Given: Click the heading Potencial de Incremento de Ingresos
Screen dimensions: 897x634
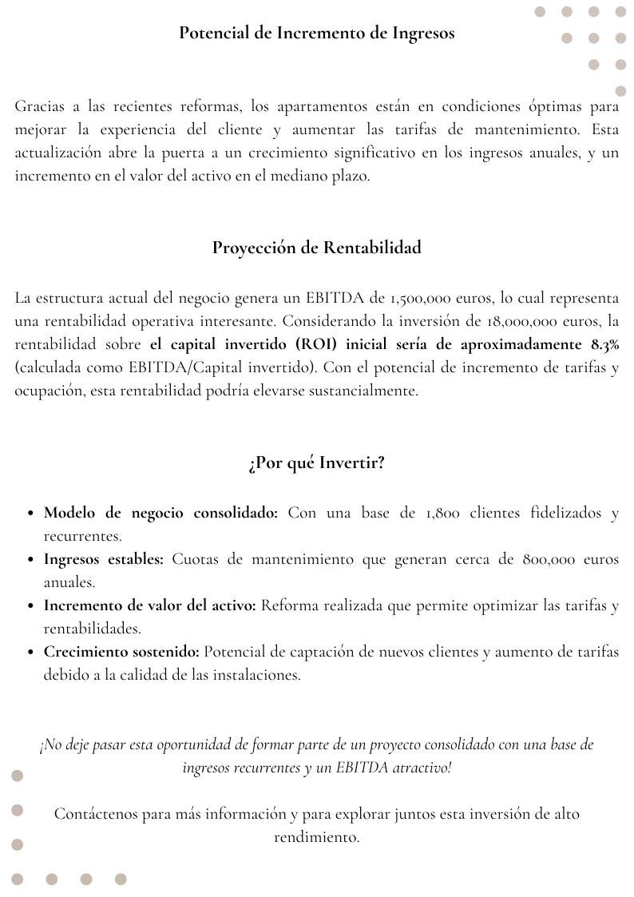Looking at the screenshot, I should coord(317,33).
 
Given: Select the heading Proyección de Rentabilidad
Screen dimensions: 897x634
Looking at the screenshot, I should coord(317,248).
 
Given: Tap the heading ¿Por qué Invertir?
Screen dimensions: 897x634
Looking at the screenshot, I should coord(317,463).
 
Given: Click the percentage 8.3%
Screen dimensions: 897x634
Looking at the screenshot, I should coord(604,345).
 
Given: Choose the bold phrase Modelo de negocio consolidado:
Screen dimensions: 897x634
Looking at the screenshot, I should coord(160,513).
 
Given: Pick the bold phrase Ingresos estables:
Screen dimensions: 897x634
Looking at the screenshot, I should coord(104,559).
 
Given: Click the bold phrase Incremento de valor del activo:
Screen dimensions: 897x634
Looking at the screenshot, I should coord(150,605).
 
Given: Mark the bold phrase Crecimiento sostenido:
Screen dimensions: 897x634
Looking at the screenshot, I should coord(121,652).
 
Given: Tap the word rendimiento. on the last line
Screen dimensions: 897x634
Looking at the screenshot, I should coord(317,837).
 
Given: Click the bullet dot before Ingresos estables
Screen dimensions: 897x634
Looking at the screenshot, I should coord(30,560).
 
